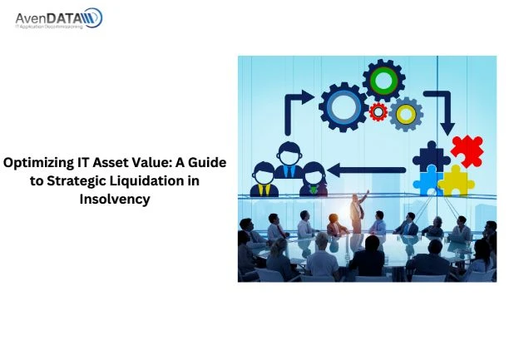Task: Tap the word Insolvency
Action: click(x=115, y=199)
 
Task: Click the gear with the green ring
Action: click(x=384, y=81)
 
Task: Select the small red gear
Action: click(x=378, y=111)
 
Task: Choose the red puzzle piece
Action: click(x=467, y=150)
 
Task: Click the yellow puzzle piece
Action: click(x=456, y=179)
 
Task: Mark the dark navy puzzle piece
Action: click(x=430, y=155)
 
